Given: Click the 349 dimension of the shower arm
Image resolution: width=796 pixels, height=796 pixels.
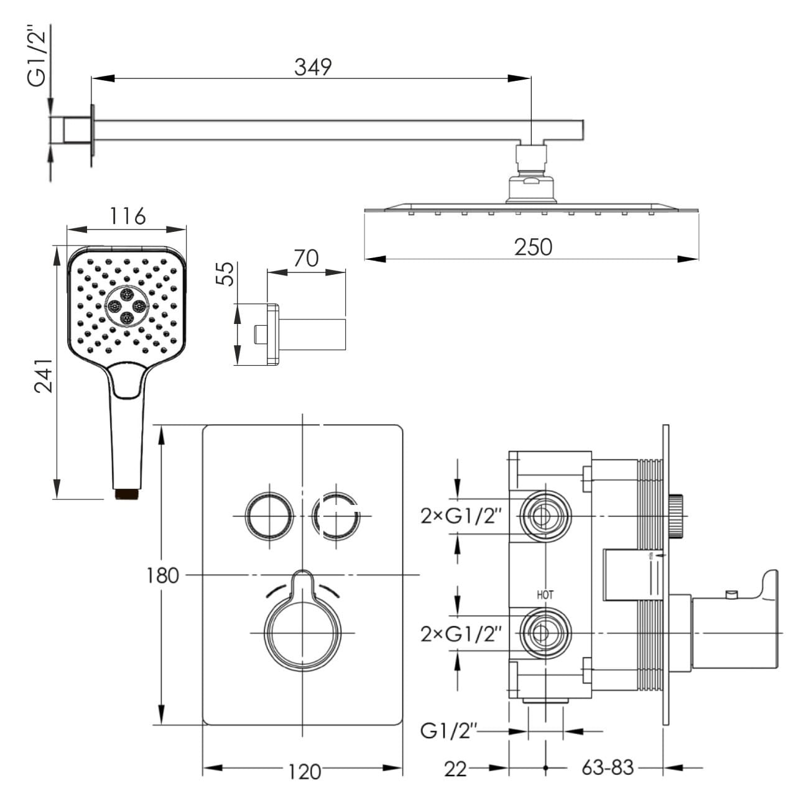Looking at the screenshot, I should point(313,67).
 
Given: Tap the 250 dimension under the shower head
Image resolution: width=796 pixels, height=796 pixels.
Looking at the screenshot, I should point(533,248).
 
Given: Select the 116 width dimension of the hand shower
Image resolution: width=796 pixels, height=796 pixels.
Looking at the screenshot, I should point(127,216).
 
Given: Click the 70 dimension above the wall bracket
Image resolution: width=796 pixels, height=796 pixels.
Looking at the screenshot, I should point(306,258).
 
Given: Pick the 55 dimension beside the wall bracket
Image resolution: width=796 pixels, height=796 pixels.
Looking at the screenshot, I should point(228,274).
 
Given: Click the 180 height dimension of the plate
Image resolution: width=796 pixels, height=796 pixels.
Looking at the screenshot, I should point(162,575).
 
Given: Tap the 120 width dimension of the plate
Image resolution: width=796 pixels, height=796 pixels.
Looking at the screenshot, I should point(304,772).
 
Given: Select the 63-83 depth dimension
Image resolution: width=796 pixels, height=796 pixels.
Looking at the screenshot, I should point(608,768).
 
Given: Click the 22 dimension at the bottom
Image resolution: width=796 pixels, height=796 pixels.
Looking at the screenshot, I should point(455,769).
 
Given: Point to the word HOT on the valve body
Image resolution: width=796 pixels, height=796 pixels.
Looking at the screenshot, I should point(545,595).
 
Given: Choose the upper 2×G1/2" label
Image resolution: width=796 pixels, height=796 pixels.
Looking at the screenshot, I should point(461,516).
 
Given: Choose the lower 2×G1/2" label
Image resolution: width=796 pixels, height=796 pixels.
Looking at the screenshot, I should point(461,634).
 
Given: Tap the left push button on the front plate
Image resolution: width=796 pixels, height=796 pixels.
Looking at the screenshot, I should point(269,516).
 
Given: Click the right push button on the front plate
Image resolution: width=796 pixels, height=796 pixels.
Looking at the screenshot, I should point(336,516).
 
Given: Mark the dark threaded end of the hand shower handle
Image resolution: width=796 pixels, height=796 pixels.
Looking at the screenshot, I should point(127,494).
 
